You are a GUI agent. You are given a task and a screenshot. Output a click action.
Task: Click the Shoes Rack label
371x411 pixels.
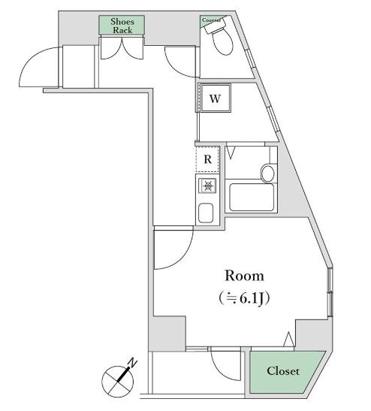[x=122, y=26]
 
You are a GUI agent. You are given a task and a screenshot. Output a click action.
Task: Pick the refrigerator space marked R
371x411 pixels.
[x=207, y=159]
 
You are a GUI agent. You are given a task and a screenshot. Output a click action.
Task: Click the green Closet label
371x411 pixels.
[x=283, y=371]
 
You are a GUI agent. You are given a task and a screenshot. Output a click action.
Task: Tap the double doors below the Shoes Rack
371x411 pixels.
[x=122, y=51]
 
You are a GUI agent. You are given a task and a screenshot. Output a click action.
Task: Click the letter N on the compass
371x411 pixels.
[x=133, y=364]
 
